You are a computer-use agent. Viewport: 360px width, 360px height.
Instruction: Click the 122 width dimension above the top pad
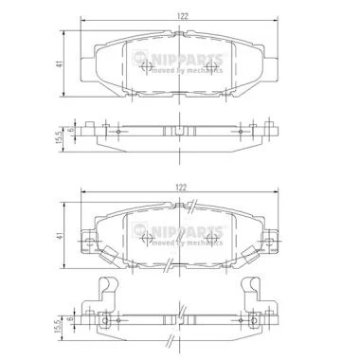click(x=183, y=16)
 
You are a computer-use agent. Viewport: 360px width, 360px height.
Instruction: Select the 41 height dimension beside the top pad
click(x=59, y=63)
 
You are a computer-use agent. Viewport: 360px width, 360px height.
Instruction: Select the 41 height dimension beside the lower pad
click(x=59, y=235)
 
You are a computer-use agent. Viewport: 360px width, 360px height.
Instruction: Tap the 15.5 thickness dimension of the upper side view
click(x=59, y=137)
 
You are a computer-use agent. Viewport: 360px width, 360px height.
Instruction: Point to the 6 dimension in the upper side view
click(x=71, y=130)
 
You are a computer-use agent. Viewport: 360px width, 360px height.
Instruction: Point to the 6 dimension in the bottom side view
click(x=71, y=319)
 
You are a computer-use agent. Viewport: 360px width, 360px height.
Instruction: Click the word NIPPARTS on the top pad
click(x=189, y=59)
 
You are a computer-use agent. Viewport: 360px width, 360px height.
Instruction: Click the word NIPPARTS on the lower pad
click(x=189, y=231)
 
